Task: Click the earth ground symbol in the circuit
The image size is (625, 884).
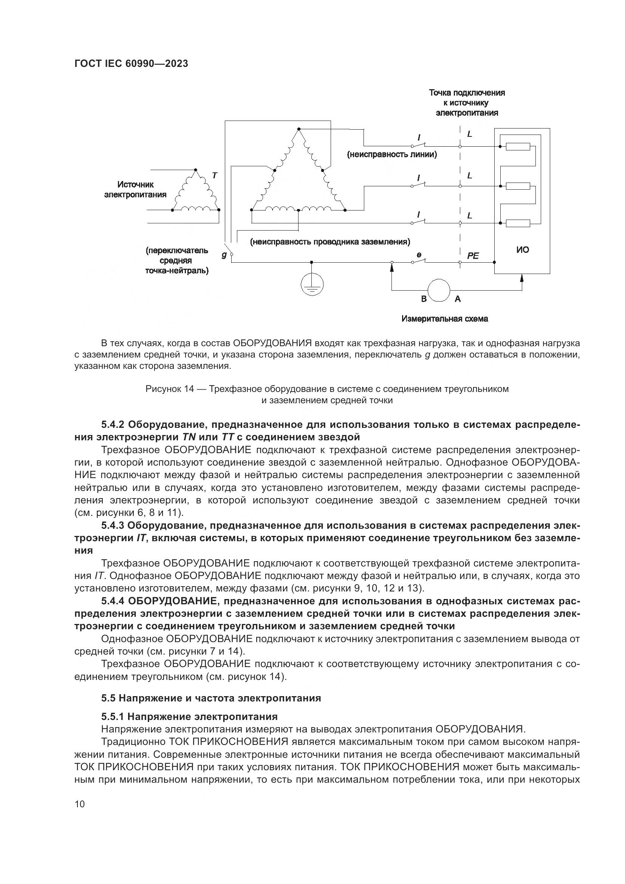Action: coord(312,284)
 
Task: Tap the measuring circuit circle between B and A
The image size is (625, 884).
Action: coord(439,290)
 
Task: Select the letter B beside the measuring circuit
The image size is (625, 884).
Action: coord(424,299)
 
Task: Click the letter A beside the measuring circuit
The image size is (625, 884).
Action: coord(458,299)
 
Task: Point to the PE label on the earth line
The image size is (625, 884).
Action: coord(473,255)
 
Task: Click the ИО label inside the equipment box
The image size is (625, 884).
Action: coord(522,250)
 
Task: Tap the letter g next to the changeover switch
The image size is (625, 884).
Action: coord(224,255)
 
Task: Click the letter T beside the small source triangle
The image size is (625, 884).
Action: coord(214,176)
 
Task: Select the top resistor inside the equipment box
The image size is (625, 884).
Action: coord(518,147)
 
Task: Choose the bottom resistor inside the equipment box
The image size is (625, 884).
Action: coord(518,223)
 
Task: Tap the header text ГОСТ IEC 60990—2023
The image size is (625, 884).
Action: coord(131,64)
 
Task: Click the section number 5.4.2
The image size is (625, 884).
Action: coord(112,425)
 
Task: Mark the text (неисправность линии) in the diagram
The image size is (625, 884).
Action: coord(392,155)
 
